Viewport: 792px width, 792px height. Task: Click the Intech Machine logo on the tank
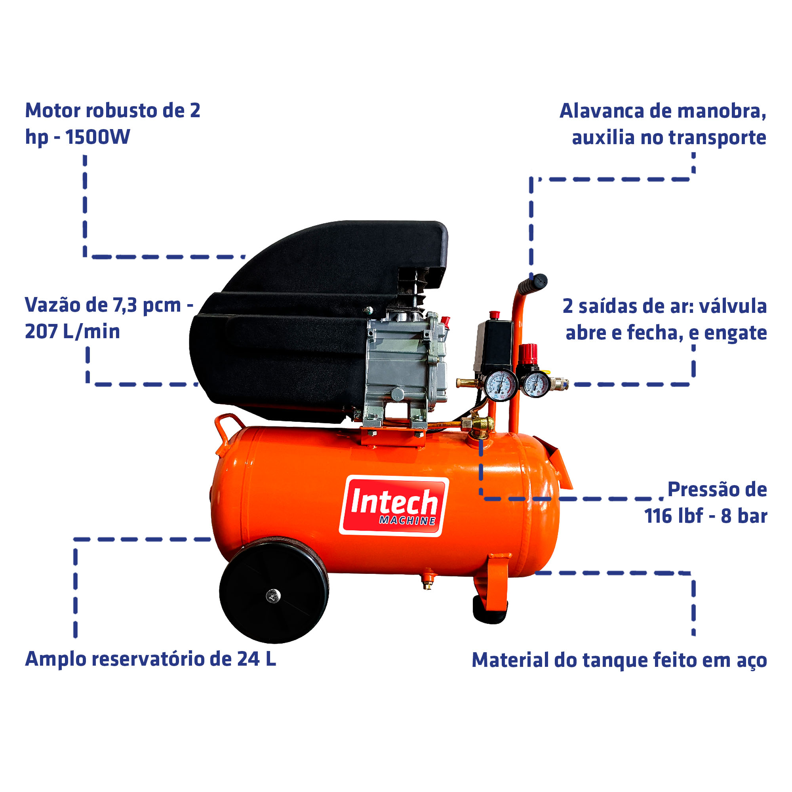[x=394, y=505]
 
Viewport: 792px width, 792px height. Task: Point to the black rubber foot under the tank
[x=489, y=611]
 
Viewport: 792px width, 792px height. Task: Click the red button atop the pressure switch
[x=494, y=315]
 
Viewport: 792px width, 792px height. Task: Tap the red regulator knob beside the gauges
[x=528, y=353]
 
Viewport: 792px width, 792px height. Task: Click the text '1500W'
[x=98, y=137]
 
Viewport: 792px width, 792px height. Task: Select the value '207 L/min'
[x=72, y=331]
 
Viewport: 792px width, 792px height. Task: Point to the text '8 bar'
[x=744, y=516]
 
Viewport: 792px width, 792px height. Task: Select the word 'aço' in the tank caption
[x=752, y=661]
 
